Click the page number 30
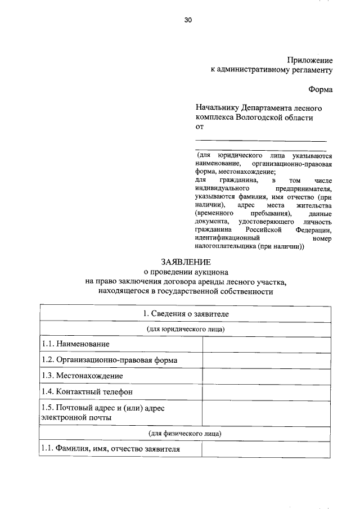(188, 20)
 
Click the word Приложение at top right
(309, 60)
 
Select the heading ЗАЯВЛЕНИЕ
(186, 262)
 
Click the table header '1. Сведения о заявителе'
(186, 313)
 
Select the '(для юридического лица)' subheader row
(186, 328)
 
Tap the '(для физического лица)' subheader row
(186, 434)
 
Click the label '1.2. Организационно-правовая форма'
(110, 359)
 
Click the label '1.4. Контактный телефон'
(87, 391)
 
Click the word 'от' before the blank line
(200, 128)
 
